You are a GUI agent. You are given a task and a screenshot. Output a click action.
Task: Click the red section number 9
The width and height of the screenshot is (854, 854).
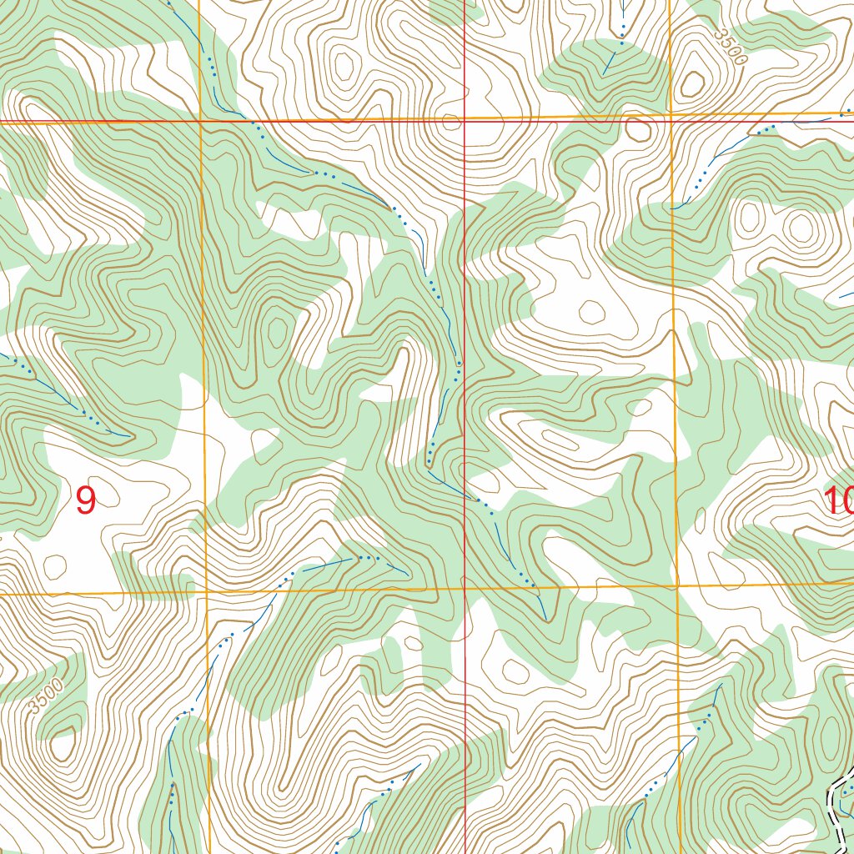coord(85,500)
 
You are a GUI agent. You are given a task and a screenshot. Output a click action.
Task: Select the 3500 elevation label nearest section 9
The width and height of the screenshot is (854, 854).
coord(45,696)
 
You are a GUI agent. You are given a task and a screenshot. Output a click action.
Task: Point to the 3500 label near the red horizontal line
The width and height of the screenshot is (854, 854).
coord(731,47)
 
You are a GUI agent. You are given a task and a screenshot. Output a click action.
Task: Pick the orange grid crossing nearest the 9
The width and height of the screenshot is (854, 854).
coord(206,593)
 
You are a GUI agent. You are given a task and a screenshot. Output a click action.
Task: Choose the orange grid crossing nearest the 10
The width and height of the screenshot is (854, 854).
coord(677,585)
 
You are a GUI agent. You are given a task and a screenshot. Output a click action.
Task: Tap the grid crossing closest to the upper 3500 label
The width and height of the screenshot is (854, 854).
coord(671,115)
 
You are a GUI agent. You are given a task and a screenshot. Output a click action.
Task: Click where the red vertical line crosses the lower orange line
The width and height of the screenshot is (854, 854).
coord(464,589)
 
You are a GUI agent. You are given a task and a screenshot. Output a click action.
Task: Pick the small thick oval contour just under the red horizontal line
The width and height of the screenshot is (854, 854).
coord(638,130)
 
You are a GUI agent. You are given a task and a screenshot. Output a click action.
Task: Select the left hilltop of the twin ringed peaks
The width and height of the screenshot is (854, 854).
coord(749,219)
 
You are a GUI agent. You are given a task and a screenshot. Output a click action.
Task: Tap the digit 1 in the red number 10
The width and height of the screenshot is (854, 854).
coord(830,500)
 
